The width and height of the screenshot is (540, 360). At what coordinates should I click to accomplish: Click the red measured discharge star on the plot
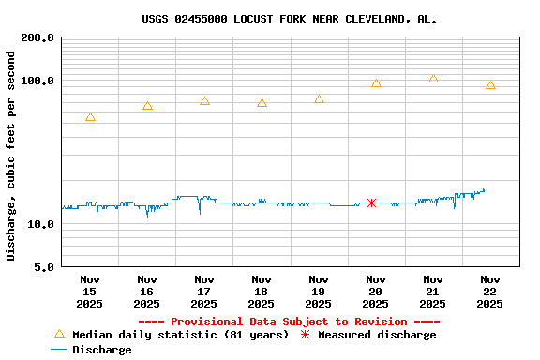coord(372,202)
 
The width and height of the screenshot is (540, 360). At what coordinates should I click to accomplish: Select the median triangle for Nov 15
coord(90,117)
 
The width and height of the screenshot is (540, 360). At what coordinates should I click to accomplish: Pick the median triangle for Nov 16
coord(147,106)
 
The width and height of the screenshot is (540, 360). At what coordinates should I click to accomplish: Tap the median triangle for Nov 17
coord(204,100)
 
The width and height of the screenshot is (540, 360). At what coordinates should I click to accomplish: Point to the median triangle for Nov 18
coord(262,103)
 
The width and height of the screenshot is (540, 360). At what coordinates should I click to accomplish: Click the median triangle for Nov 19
coord(319,99)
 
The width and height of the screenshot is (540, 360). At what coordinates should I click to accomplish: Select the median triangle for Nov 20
coord(376,83)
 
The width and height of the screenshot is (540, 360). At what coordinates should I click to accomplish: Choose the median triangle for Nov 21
coord(433,79)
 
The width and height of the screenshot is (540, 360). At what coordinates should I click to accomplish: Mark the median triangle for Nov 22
coord(490,85)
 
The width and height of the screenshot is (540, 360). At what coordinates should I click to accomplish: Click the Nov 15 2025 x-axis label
coord(90,292)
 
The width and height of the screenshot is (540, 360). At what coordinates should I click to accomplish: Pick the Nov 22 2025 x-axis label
coord(490,292)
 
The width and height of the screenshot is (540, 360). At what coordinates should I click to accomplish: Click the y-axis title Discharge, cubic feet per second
coord(11,156)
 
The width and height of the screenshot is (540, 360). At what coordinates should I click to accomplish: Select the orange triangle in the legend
coord(60,334)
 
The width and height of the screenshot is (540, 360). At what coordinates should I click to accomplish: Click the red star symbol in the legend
coord(305,335)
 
